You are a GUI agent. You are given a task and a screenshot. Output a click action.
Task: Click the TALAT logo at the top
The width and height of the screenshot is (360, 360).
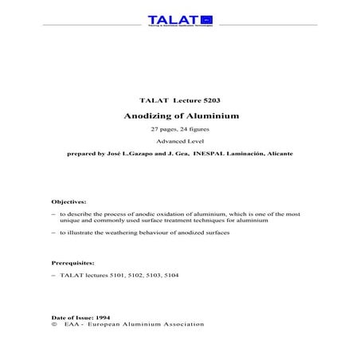180,21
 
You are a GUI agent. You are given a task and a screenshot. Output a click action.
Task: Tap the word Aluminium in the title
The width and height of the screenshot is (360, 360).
209,116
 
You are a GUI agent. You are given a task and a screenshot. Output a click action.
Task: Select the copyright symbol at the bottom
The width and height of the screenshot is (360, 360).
53,325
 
